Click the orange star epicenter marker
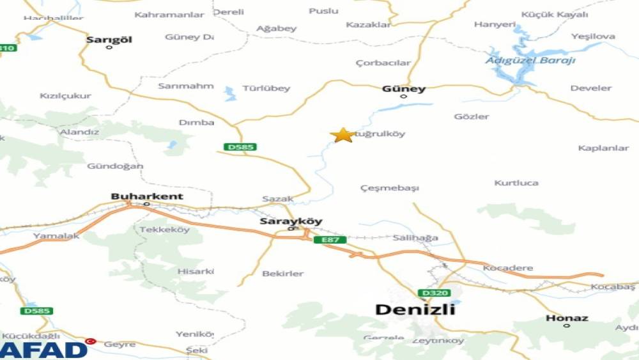(343, 135)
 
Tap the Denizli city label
(415, 309)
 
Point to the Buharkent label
(147, 196)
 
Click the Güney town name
(403, 89)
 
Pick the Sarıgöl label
(109, 39)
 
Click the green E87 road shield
(330, 240)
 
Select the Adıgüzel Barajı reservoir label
(530, 60)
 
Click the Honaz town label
(567, 317)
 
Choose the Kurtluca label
(516, 183)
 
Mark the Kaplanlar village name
(603, 148)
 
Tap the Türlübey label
(266, 88)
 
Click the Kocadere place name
(508, 267)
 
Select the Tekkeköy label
(164, 229)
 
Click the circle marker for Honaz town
(567, 325)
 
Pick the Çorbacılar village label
(383, 63)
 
